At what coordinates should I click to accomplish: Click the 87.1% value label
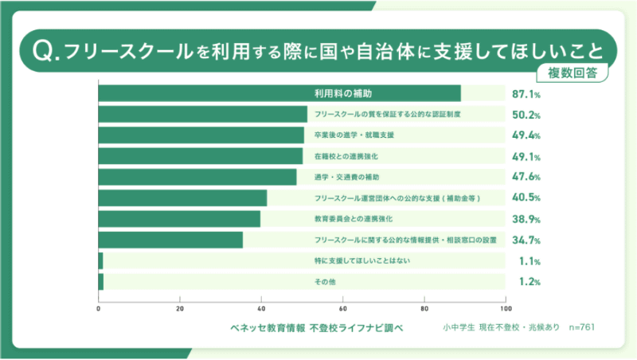(x=526, y=94)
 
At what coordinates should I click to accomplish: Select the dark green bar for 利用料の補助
(x=279, y=94)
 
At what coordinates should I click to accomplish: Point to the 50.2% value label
(x=526, y=115)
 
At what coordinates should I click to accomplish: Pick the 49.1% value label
(x=526, y=156)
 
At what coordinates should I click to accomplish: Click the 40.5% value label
(x=526, y=198)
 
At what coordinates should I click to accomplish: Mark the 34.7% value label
(x=526, y=240)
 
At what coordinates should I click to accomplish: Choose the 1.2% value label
(x=526, y=281)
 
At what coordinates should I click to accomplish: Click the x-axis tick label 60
(x=343, y=308)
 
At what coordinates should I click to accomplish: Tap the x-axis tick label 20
(x=180, y=308)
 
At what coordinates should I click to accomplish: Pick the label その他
(x=326, y=281)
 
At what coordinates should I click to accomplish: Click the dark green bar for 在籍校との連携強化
(x=200, y=156)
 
